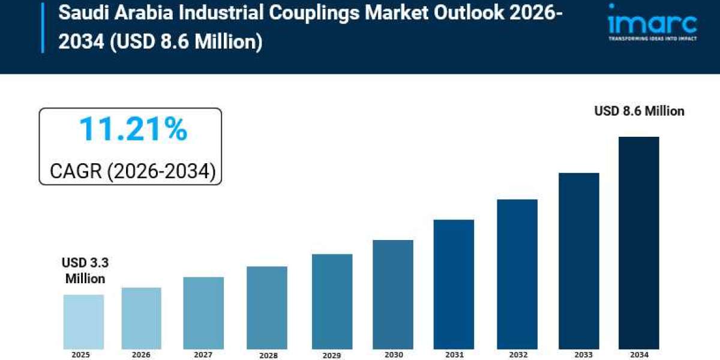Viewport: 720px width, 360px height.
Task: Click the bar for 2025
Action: [x=83, y=322]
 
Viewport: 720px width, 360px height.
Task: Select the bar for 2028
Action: [x=267, y=307]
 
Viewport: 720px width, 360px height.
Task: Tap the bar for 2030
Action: [x=392, y=294]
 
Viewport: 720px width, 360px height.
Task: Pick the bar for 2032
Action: [x=517, y=274]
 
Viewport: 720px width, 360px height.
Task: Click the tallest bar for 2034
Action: [x=638, y=242]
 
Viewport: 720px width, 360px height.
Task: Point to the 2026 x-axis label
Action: [x=142, y=355]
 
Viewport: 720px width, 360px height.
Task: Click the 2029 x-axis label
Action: [x=332, y=355]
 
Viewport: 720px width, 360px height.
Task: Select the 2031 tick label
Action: [x=454, y=355]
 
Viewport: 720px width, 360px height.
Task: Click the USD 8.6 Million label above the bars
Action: [x=639, y=111]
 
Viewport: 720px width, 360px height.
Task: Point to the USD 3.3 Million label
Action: [x=85, y=271]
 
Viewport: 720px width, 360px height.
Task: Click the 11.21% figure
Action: [x=133, y=130]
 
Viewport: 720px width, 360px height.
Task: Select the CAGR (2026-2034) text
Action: [x=132, y=172]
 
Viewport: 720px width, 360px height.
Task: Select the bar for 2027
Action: [x=203, y=313]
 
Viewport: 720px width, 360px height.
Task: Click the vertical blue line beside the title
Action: [x=43, y=27]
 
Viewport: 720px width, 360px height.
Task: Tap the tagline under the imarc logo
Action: [x=652, y=38]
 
